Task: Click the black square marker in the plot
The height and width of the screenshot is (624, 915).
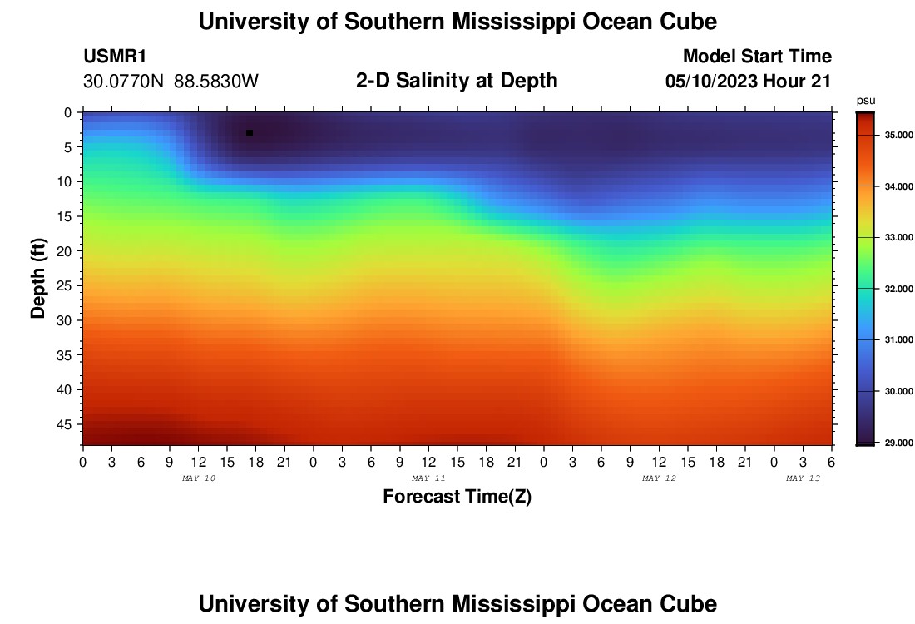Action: [x=250, y=133]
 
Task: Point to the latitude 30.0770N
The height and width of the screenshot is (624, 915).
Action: [x=125, y=82]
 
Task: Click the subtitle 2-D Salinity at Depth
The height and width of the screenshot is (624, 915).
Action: [x=457, y=81]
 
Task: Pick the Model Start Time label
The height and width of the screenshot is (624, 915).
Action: [x=757, y=57]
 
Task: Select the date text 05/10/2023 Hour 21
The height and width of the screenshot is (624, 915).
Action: [x=749, y=82]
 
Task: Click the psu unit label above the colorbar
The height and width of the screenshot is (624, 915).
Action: [x=865, y=101]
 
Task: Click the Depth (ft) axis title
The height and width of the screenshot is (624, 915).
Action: [x=38, y=278]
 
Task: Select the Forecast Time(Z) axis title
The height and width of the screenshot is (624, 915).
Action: [x=457, y=497]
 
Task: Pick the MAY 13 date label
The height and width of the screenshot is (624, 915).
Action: [x=804, y=478]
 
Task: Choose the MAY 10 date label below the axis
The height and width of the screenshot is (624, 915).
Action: [x=198, y=478]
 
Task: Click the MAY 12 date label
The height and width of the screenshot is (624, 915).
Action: [x=659, y=478]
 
